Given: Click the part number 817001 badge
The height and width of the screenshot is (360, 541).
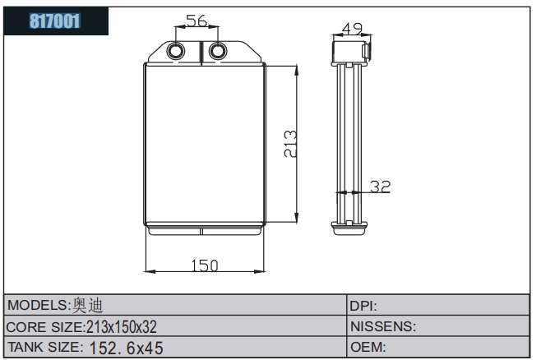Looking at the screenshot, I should click(x=56, y=21).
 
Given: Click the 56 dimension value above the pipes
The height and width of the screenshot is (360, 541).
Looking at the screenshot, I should click(x=196, y=21).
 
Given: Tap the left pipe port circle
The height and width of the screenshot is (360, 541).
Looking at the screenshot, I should click(x=178, y=52).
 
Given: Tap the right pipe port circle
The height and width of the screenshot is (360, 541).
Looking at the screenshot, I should click(x=216, y=52).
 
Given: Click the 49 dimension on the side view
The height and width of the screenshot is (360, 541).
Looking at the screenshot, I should click(x=352, y=30).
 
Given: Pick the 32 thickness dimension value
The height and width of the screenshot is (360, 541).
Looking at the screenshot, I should click(x=379, y=187).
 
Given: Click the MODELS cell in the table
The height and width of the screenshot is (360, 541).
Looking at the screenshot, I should click(x=176, y=305).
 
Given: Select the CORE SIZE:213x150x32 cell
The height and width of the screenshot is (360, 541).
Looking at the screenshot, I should click(x=176, y=326).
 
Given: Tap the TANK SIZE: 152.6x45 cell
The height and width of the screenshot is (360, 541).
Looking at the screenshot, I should click(x=176, y=348).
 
